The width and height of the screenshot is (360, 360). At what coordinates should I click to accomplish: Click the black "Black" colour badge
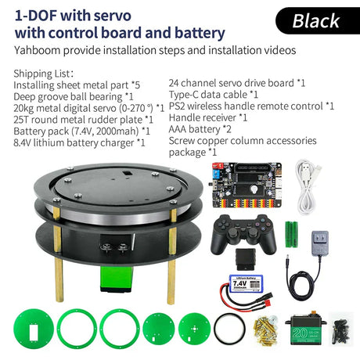(318, 21)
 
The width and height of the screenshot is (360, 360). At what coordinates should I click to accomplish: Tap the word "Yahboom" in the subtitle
(37, 50)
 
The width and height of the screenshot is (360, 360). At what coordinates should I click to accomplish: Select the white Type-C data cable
(308, 187)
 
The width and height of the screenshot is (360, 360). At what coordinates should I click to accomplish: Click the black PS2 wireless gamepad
(243, 233)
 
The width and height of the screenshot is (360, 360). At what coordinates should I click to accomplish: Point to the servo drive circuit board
(247, 185)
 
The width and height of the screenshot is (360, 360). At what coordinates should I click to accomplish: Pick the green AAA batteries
(291, 234)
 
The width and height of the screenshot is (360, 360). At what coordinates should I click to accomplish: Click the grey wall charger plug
(320, 243)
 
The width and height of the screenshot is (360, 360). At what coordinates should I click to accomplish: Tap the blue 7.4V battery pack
(246, 283)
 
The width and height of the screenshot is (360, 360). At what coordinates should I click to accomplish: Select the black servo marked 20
(306, 329)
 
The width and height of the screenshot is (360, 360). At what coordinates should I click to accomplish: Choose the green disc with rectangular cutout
(34, 329)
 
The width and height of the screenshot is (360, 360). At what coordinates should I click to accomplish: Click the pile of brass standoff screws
(265, 330)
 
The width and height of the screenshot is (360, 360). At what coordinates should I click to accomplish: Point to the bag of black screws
(339, 329)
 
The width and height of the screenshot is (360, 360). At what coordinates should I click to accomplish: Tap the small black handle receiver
(246, 259)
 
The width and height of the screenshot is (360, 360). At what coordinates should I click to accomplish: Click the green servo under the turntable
(117, 279)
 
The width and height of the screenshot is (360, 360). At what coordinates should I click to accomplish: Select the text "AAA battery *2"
(200, 129)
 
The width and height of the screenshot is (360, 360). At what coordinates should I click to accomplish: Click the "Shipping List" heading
(41, 74)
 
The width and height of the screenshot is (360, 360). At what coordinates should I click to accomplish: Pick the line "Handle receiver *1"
(208, 117)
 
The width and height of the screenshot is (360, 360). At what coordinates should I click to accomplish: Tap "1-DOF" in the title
(35, 16)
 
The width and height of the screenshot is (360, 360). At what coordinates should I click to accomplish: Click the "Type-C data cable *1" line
(214, 95)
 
